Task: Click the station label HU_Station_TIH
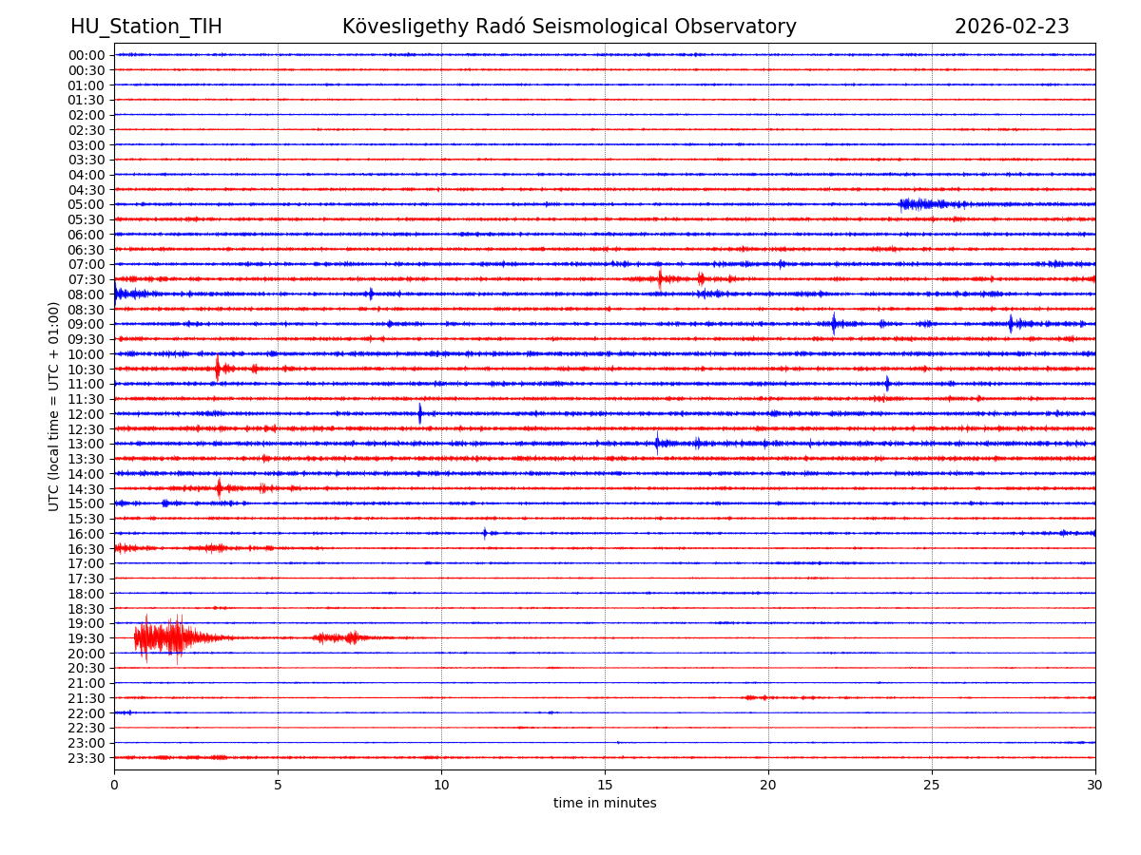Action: tap(145, 27)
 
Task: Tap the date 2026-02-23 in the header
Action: tap(1012, 27)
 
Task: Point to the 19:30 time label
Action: tap(87, 638)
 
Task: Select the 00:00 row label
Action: tap(87, 55)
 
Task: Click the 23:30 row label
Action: tap(87, 758)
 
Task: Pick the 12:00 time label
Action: tap(87, 414)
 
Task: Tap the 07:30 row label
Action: tap(87, 279)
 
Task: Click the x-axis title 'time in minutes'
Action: tap(605, 804)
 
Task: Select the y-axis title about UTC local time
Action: tap(55, 407)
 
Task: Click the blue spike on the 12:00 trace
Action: tap(419, 413)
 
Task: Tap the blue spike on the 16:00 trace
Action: tap(484, 533)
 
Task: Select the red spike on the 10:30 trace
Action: tap(218, 368)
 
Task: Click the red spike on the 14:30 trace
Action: tap(219, 488)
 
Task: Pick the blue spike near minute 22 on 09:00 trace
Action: tap(834, 324)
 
